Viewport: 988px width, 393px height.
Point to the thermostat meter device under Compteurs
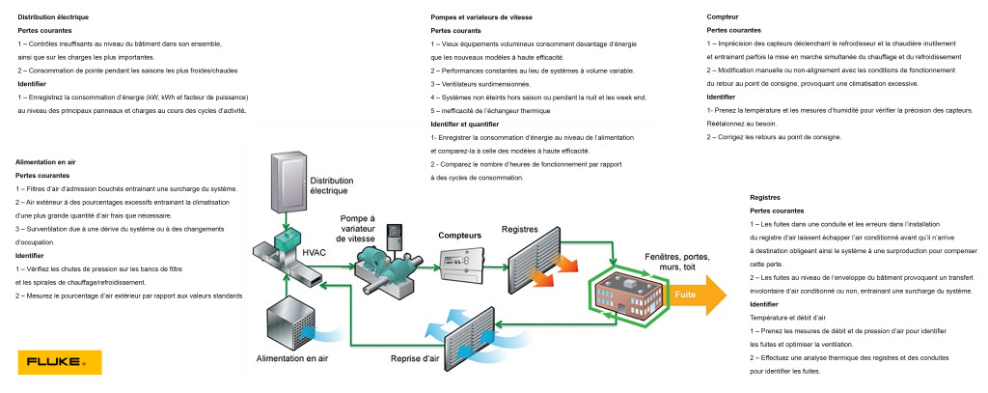(466, 262)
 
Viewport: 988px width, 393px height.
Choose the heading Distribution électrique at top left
(54, 18)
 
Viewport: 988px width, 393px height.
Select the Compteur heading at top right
(724, 18)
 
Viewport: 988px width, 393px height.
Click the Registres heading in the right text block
(765, 197)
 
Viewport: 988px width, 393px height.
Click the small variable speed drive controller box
(395, 236)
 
